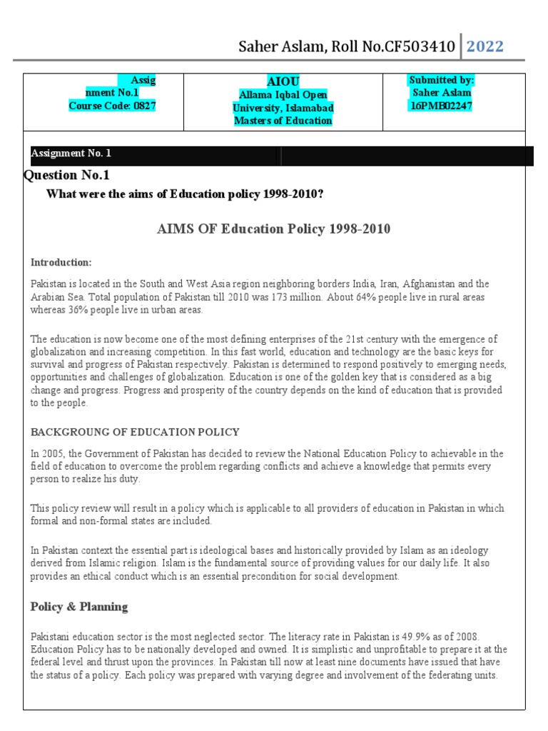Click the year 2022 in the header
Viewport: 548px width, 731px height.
point(484,46)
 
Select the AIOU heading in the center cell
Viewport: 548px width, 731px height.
point(283,81)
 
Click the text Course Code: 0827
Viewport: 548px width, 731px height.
point(112,106)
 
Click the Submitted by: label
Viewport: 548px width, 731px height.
point(441,80)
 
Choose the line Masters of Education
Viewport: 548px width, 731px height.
point(283,121)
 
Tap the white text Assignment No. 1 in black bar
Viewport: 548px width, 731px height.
point(71,153)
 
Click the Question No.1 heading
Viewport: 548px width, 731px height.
point(67,175)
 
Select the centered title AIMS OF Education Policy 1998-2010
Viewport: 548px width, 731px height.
point(273,229)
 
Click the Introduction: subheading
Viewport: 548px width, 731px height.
point(61,262)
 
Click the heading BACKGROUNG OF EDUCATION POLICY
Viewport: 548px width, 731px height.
point(135,432)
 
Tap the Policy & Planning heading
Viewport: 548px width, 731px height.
point(79,607)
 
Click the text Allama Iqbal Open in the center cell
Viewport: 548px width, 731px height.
point(283,95)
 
